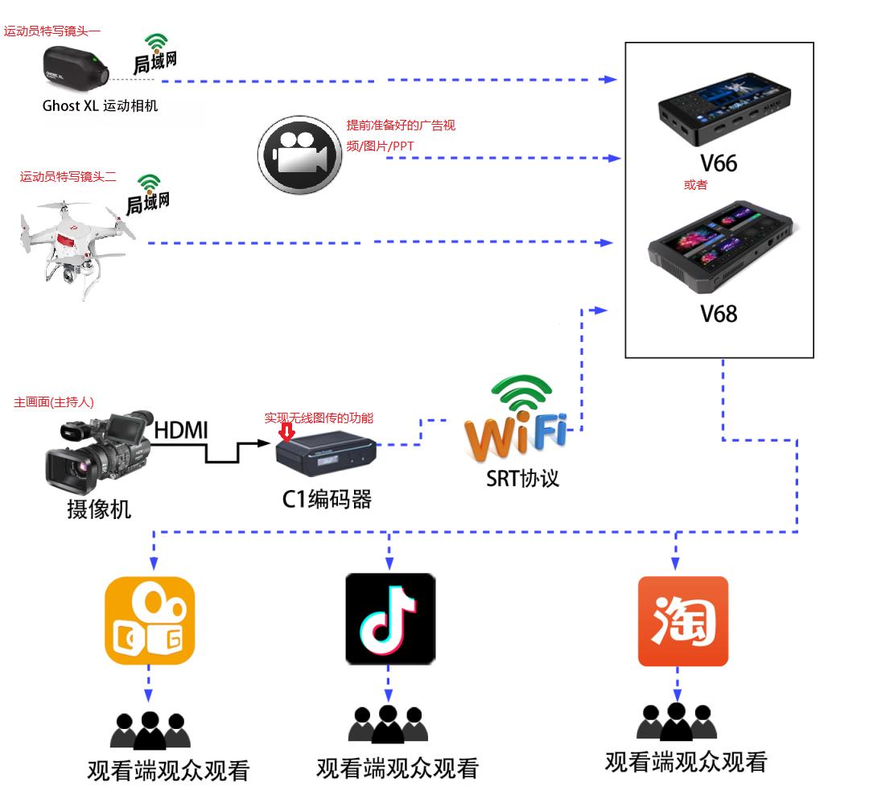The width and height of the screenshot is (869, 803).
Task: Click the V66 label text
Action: coord(718,163)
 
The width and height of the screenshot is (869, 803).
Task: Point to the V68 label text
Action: coord(719,313)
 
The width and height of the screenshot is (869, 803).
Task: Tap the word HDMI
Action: coord(181,430)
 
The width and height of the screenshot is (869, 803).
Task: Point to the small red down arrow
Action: coord(286,433)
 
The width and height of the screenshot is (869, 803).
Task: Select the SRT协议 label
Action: coord(522,478)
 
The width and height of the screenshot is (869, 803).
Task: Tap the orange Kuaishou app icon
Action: coord(150,620)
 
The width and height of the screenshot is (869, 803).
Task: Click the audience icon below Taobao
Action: coord(676,721)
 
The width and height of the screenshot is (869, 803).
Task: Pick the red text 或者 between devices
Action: coord(695,185)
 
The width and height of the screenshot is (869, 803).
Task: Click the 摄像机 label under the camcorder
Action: coord(98,509)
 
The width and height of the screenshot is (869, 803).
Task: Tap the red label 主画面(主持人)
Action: coord(54,402)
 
